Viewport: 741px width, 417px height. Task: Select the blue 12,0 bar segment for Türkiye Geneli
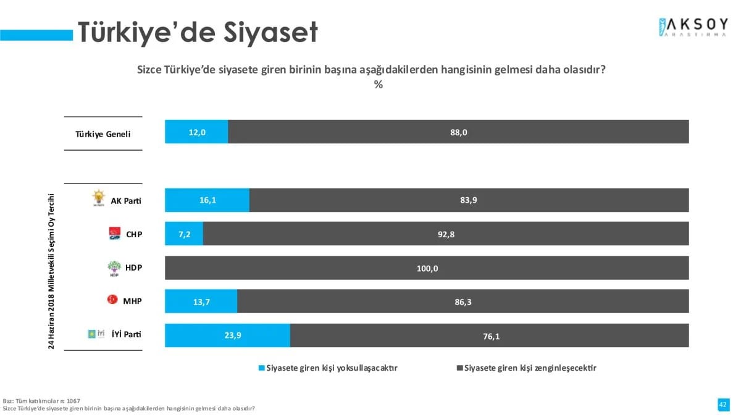pos(196,132)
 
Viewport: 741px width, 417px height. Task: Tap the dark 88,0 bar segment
pos(458,132)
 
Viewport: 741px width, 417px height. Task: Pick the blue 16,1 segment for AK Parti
pos(207,200)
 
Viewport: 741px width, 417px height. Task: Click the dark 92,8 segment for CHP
pos(445,234)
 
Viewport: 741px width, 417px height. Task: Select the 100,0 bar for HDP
pos(427,268)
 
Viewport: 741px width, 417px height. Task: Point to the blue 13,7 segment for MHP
pos(201,301)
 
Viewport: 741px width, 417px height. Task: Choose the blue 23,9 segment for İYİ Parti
pos(227,335)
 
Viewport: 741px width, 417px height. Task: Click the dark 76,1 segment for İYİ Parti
pos(489,335)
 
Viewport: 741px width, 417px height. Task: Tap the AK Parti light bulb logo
pos(99,198)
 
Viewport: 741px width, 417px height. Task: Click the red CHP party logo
pos(115,233)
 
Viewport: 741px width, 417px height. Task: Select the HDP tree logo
pos(115,268)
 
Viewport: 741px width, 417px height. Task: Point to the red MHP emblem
pos(113,300)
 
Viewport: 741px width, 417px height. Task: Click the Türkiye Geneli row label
pos(103,134)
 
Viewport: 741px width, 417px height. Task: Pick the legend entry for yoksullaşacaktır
pos(328,368)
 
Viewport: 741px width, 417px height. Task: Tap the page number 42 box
pos(722,404)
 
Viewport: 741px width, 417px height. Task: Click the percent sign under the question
pos(378,85)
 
